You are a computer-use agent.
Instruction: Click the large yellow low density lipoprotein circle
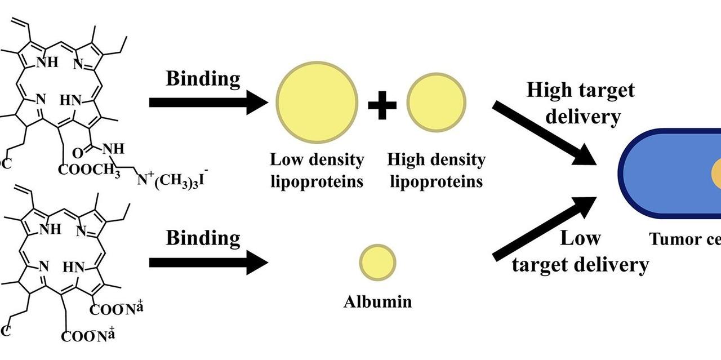pos(317,102)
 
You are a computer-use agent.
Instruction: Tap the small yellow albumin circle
pos(378,262)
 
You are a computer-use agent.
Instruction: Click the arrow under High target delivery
pos(543,134)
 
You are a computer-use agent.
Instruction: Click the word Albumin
pos(378,301)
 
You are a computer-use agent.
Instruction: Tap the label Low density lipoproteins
pos(317,170)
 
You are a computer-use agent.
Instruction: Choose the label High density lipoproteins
pos(436,170)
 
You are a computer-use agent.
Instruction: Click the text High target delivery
pos(581,103)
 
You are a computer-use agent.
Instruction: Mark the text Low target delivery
pos(581,251)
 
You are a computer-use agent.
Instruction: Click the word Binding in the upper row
pos(203,79)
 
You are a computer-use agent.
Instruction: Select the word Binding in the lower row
pos(203,238)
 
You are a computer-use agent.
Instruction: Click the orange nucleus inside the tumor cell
pos(716,174)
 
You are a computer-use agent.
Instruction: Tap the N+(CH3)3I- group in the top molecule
pos(172,181)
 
